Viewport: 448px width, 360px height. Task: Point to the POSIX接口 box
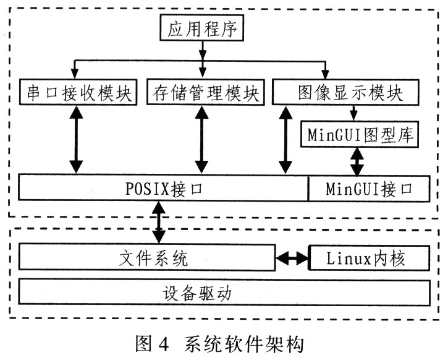[x=163, y=188]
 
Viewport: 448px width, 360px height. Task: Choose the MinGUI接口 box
[x=368, y=188]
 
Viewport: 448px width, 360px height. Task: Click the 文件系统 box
[x=147, y=257]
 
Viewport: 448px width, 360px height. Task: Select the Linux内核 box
[x=368, y=257]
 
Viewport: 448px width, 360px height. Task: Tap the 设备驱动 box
[x=224, y=292]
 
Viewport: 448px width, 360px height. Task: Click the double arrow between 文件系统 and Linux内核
[x=292, y=258]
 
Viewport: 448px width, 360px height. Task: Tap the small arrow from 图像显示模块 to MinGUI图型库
[x=353, y=112]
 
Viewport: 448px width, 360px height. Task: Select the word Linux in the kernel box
[x=344, y=257]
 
